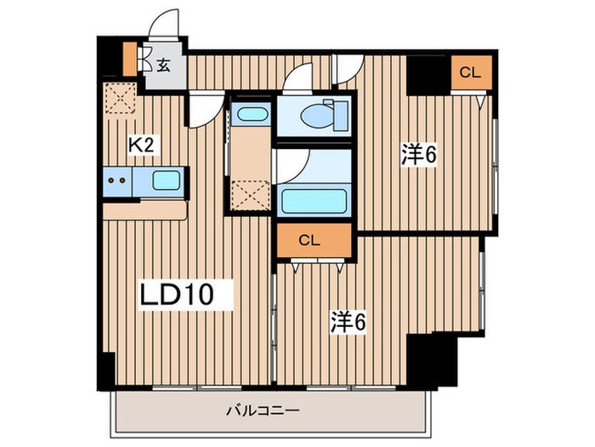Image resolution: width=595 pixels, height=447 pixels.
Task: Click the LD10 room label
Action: [186, 295]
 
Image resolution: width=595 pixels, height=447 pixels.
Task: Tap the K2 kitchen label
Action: [140, 146]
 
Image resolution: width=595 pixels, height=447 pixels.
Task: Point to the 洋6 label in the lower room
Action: [348, 321]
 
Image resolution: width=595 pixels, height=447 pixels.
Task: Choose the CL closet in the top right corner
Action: [469, 73]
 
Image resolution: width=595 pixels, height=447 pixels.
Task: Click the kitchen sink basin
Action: [165, 180]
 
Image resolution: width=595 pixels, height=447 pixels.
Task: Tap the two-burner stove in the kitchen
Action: [119, 181]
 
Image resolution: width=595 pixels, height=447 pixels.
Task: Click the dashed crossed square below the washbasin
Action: [251, 195]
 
